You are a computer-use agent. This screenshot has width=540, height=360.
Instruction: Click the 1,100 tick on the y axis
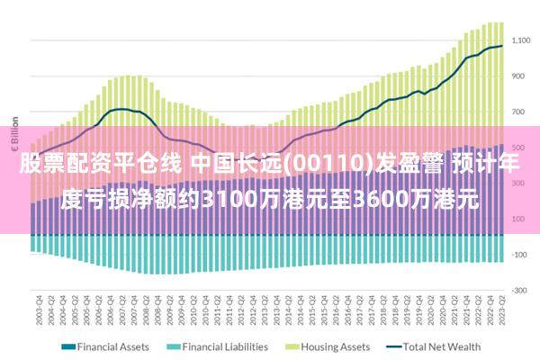[x=521, y=40]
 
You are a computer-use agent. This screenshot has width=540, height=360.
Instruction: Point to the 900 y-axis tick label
[x=521, y=76]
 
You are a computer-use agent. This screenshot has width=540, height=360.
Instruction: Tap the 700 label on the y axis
[x=521, y=112]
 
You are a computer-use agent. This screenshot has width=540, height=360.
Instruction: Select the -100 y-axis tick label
[x=521, y=255]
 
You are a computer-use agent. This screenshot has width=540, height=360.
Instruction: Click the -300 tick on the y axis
[x=521, y=290]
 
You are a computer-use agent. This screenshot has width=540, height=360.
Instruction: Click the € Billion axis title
[x=15, y=135]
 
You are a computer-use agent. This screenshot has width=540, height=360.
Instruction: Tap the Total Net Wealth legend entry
[x=442, y=346]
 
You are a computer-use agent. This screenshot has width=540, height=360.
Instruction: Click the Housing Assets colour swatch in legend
[x=292, y=346]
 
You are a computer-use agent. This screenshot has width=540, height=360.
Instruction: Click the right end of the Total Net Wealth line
[x=502, y=46]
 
